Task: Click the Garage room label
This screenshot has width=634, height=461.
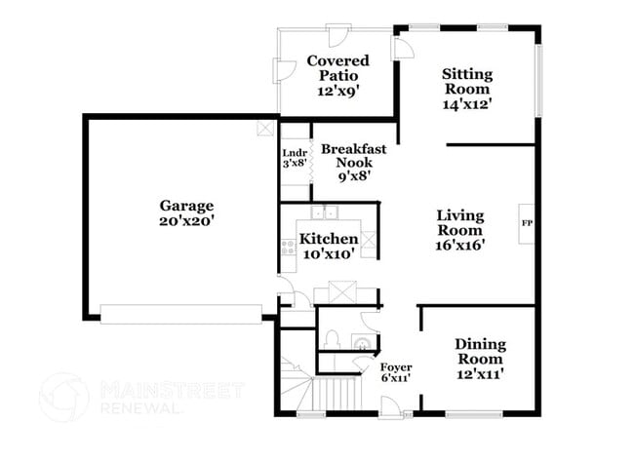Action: [x=186, y=213]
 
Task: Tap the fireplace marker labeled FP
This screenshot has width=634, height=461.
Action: [x=527, y=222]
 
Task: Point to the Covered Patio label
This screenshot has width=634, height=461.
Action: [x=337, y=75]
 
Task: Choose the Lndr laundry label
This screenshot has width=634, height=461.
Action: [x=295, y=158]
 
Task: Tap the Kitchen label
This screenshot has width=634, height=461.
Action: [x=328, y=246]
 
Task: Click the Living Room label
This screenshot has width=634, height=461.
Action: [x=459, y=230]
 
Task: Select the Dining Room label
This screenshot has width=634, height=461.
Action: [x=480, y=359]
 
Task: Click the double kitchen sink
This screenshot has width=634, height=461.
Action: [x=324, y=212]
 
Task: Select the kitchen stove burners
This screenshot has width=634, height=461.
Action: [x=289, y=247]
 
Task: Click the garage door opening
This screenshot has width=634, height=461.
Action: [x=180, y=313]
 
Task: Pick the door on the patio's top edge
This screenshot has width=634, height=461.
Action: [x=339, y=34]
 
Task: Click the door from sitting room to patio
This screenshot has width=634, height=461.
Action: [x=401, y=46]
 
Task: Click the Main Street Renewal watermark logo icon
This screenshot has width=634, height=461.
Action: [x=63, y=397]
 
